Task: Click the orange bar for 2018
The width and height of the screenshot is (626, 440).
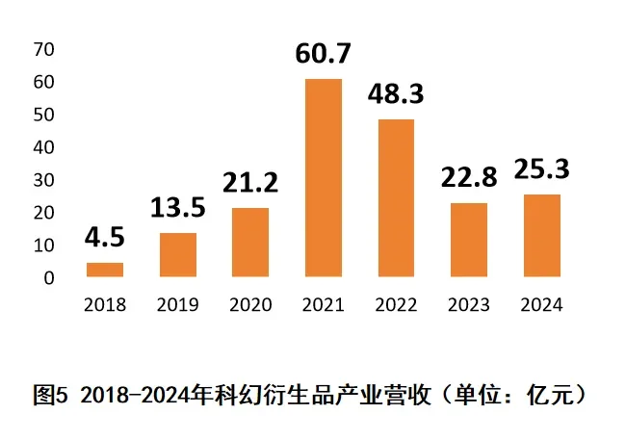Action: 105,270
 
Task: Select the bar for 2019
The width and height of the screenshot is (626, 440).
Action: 177,255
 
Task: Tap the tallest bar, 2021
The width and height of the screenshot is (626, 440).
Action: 323,178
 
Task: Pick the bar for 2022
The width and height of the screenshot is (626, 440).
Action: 396,198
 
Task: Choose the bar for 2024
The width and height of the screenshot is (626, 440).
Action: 541,236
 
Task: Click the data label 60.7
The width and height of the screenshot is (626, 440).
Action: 324,54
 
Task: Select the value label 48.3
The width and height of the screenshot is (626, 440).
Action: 396,94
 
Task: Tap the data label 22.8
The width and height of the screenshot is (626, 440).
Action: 469,178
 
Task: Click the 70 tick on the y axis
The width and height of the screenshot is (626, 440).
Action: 44,49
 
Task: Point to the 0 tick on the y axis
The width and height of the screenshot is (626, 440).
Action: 49,278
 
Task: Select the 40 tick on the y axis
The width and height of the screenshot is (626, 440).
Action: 44,147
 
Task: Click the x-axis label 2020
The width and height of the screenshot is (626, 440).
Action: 250,305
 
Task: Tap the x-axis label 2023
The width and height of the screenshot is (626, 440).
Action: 469,305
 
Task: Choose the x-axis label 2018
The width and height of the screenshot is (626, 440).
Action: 105,305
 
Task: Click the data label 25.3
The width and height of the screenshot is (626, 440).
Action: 541,170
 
